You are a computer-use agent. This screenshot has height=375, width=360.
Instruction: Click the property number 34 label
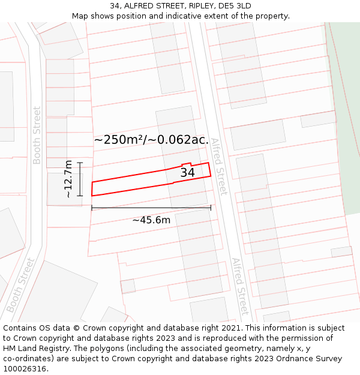click(x=187, y=172)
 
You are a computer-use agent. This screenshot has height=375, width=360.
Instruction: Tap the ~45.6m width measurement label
click(x=151, y=220)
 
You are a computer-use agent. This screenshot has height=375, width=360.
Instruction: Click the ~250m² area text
click(x=118, y=140)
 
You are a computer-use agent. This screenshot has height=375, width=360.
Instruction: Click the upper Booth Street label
click(x=37, y=135)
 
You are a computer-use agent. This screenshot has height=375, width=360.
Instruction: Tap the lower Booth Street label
click(x=19, y=286)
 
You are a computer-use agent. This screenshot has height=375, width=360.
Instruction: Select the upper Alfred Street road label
click(x=219, y=166)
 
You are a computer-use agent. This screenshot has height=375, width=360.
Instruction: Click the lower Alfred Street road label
click(x=240, y=287)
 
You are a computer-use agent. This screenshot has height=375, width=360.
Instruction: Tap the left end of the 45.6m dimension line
click(x=92, y=208)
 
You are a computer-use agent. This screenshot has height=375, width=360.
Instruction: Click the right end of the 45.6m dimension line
click(x=211, y=208)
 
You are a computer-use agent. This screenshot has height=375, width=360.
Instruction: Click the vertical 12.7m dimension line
click(x=80, y=179)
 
